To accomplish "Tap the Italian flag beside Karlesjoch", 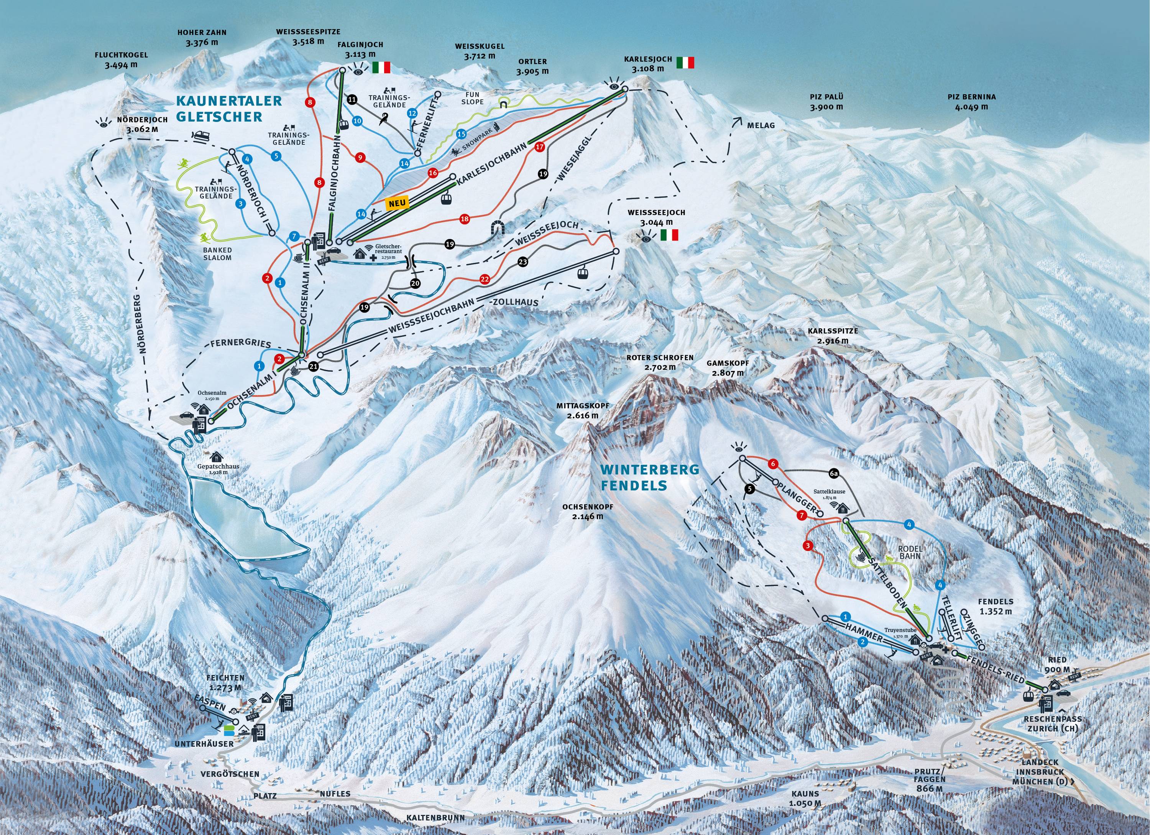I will (x=685, y=63).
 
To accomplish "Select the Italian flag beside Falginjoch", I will (x=382, y=67).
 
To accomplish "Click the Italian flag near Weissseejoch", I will (x=669, y=235).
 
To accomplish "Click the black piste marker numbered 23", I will (x=523, y=262).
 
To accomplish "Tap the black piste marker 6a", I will (x=835, y=474).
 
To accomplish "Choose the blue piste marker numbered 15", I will (x=461, y=134).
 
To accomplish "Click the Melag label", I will (x=761, y=126).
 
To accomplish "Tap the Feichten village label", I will (x=225, y=682).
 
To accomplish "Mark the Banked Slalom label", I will (x=217, y=254).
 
